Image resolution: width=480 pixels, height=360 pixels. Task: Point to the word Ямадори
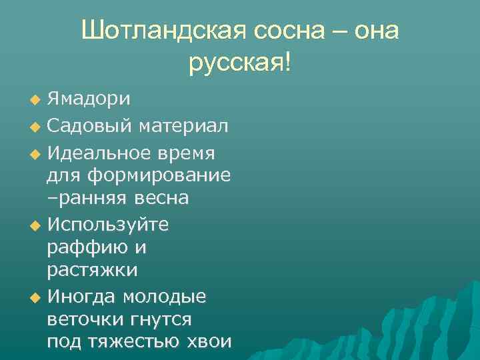click(x=89, y=100)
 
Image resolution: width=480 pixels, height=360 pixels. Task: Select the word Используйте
click(x=108, y=225)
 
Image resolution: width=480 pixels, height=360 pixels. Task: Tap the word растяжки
click(x=93, y=270)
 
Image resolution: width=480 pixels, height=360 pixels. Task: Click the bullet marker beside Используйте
click(x=35, y=225)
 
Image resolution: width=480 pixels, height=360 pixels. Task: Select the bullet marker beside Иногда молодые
click(x=35, y=297)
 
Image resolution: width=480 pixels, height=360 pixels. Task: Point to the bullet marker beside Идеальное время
click(x=35, y=154)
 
